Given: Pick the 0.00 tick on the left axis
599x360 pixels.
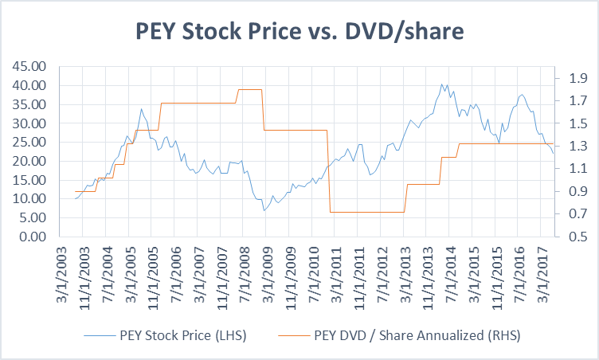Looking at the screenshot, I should click(x=29, y=237).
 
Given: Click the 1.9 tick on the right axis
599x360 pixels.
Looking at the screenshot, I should click(x=576, y=78).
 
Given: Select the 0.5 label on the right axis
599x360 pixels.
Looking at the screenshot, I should click(x=576, y=237).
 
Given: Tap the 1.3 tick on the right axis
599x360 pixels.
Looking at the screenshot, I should click(x=576, y=146).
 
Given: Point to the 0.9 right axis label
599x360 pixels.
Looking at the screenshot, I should click(x=576, y=192).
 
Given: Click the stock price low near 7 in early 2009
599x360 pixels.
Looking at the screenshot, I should click(x=264, y=210).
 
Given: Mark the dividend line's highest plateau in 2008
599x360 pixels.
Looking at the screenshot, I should click(x=250, y=89).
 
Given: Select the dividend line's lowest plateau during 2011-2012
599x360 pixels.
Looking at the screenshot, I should click(x=366, y=212).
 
